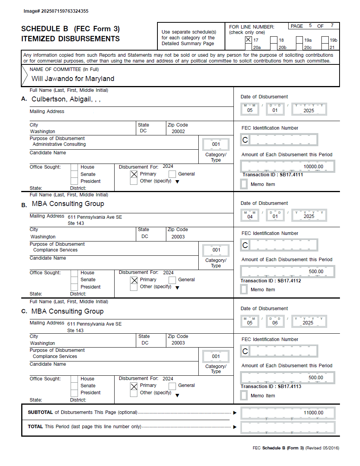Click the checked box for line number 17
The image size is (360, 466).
pos(248,40)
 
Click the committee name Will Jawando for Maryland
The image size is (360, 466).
pos(73,79)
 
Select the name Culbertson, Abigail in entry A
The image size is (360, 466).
pos(66,99)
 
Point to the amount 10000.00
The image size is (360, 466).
pos(313,167)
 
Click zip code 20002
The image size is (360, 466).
pos(178,132)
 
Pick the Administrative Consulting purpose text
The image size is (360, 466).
pos(59,144)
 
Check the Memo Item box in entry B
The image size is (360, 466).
pos(244,290)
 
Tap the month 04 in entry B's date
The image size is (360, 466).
pos(250,216)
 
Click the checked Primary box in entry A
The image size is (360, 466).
pos(134,174)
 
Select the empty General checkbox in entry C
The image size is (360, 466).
pos(172,386)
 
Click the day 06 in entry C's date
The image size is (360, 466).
pos(275,323)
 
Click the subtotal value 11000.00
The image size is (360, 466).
pos(313,413)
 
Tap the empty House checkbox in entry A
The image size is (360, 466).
pos(74,167)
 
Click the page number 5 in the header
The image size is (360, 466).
pos(310,26)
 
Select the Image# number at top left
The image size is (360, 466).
pos(56,11)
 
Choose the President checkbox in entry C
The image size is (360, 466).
pos(74,393)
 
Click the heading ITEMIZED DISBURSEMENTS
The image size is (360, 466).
pos(70,39)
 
